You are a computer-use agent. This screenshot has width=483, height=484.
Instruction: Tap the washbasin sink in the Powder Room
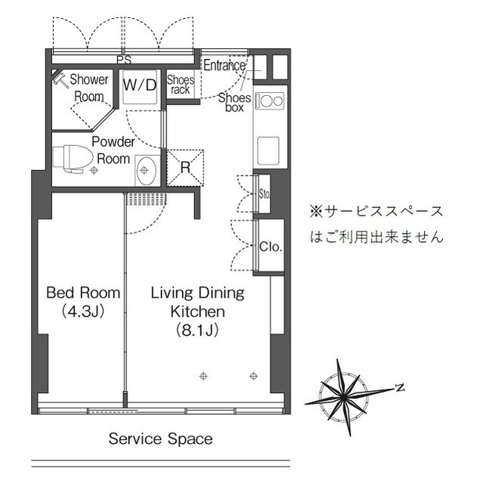[x=146, y=170]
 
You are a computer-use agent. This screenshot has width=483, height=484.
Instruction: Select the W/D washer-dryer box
[x=140, y=85]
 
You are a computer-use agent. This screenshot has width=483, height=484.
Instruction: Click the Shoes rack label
[x=181, y=85]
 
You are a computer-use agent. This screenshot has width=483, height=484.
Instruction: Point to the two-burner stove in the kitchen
[x=268, y=100]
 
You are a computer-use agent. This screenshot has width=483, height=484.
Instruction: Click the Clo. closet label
[x=270, y=247]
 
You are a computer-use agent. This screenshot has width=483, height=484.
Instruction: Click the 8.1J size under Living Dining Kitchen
[x=197, y=330]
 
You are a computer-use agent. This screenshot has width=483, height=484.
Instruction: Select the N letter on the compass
[x=400, y=388]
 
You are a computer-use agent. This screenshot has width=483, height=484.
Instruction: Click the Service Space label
[x=160, y=439]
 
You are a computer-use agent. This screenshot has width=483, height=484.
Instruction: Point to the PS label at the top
[x=123, y=58]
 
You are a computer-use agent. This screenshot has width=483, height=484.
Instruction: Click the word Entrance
[x=224, y=65]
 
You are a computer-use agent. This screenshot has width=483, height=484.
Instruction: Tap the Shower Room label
[x=89, y=87]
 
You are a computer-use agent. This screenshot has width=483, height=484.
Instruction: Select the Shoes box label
[x=234, y=102]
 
